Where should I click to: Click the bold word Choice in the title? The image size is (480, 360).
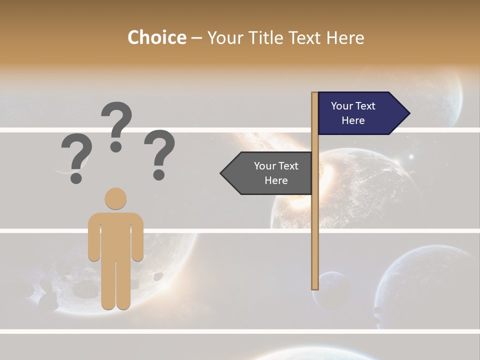156,37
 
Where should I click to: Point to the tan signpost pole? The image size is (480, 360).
315,210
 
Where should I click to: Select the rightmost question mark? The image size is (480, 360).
159,153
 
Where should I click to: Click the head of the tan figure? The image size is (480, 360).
115,198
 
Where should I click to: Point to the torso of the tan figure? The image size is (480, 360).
115,235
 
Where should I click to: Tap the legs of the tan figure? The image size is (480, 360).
115,285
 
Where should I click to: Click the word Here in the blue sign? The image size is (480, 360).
353,120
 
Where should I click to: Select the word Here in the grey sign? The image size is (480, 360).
276,180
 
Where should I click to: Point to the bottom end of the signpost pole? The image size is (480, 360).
315,287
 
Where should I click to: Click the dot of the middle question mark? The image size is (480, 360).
116,146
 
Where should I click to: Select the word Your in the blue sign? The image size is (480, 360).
342,106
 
